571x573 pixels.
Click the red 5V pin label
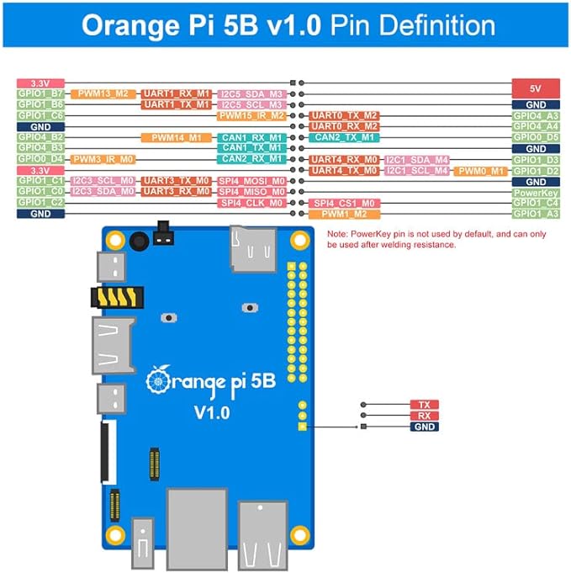tap(535, 88)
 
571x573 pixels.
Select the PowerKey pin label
tap(535, 192)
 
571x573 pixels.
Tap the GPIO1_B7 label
tap(40, 93)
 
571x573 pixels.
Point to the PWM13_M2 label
tap(103, 93)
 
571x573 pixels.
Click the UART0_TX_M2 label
tap(344, 115)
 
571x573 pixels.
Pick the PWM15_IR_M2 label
tap(252, 115)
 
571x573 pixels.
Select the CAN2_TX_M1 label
tap(344, 137)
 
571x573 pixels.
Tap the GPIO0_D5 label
tap(535, 137)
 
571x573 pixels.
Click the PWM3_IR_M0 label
tap(103, 159)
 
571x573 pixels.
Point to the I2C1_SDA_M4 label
tap(417, 159)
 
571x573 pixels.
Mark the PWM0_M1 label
tap(481, 170)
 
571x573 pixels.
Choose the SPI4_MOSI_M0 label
tap(252, 181)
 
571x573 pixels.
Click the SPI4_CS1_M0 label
tap(344, 203)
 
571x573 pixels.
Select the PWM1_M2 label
tap(344, 214)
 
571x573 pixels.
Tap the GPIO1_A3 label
tap(535, 214)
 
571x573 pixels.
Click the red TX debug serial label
tap(424, 405)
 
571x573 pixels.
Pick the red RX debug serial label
tap(424, 416)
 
